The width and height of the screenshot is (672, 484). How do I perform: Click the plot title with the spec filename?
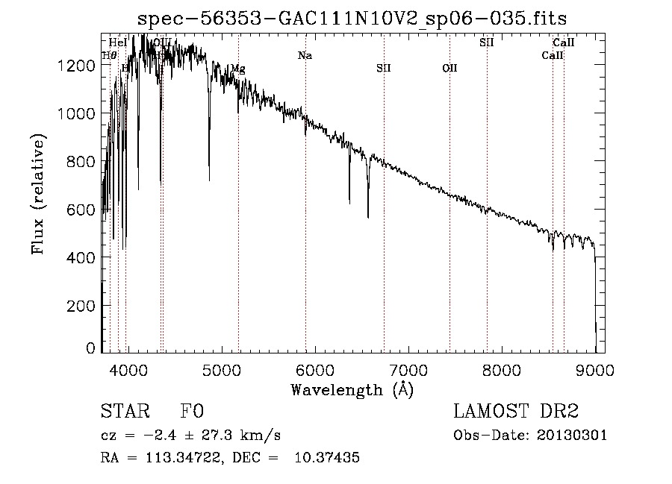[x=352, y=19]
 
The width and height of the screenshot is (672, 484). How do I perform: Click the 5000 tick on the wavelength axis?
[x=221, y=369]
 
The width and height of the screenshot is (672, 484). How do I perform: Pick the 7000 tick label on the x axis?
[x=408, y=369]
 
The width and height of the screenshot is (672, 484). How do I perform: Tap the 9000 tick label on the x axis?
[x=595, y=369]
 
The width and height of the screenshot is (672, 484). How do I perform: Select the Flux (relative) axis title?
[x=38, y=192]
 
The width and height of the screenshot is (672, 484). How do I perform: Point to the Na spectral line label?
[x=304, y=55]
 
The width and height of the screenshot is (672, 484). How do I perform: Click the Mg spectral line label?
[x=237, y=69]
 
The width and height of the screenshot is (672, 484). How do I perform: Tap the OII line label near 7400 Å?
[x=449, y=68]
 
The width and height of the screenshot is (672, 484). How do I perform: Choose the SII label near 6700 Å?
[x=383, y=68]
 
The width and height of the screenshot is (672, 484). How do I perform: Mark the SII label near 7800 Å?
[x=486, y=43]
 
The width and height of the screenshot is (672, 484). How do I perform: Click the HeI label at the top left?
[x=117, y=43]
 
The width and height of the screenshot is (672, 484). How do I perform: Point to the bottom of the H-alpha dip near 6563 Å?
[x=368, y=216]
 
